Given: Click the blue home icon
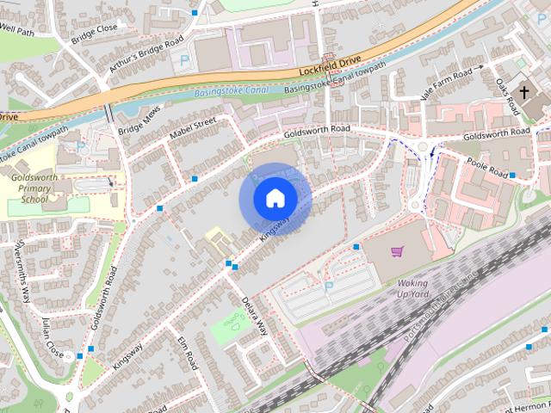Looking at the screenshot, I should pyautogui.click(x=275, y=199).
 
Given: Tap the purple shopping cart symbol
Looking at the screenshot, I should pyautogui.click(x=396, y=251).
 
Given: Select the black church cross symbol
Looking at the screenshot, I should pyautogui.click(x=524, y=91).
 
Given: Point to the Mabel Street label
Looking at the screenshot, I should pyautogui.click(x=190, y=129).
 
